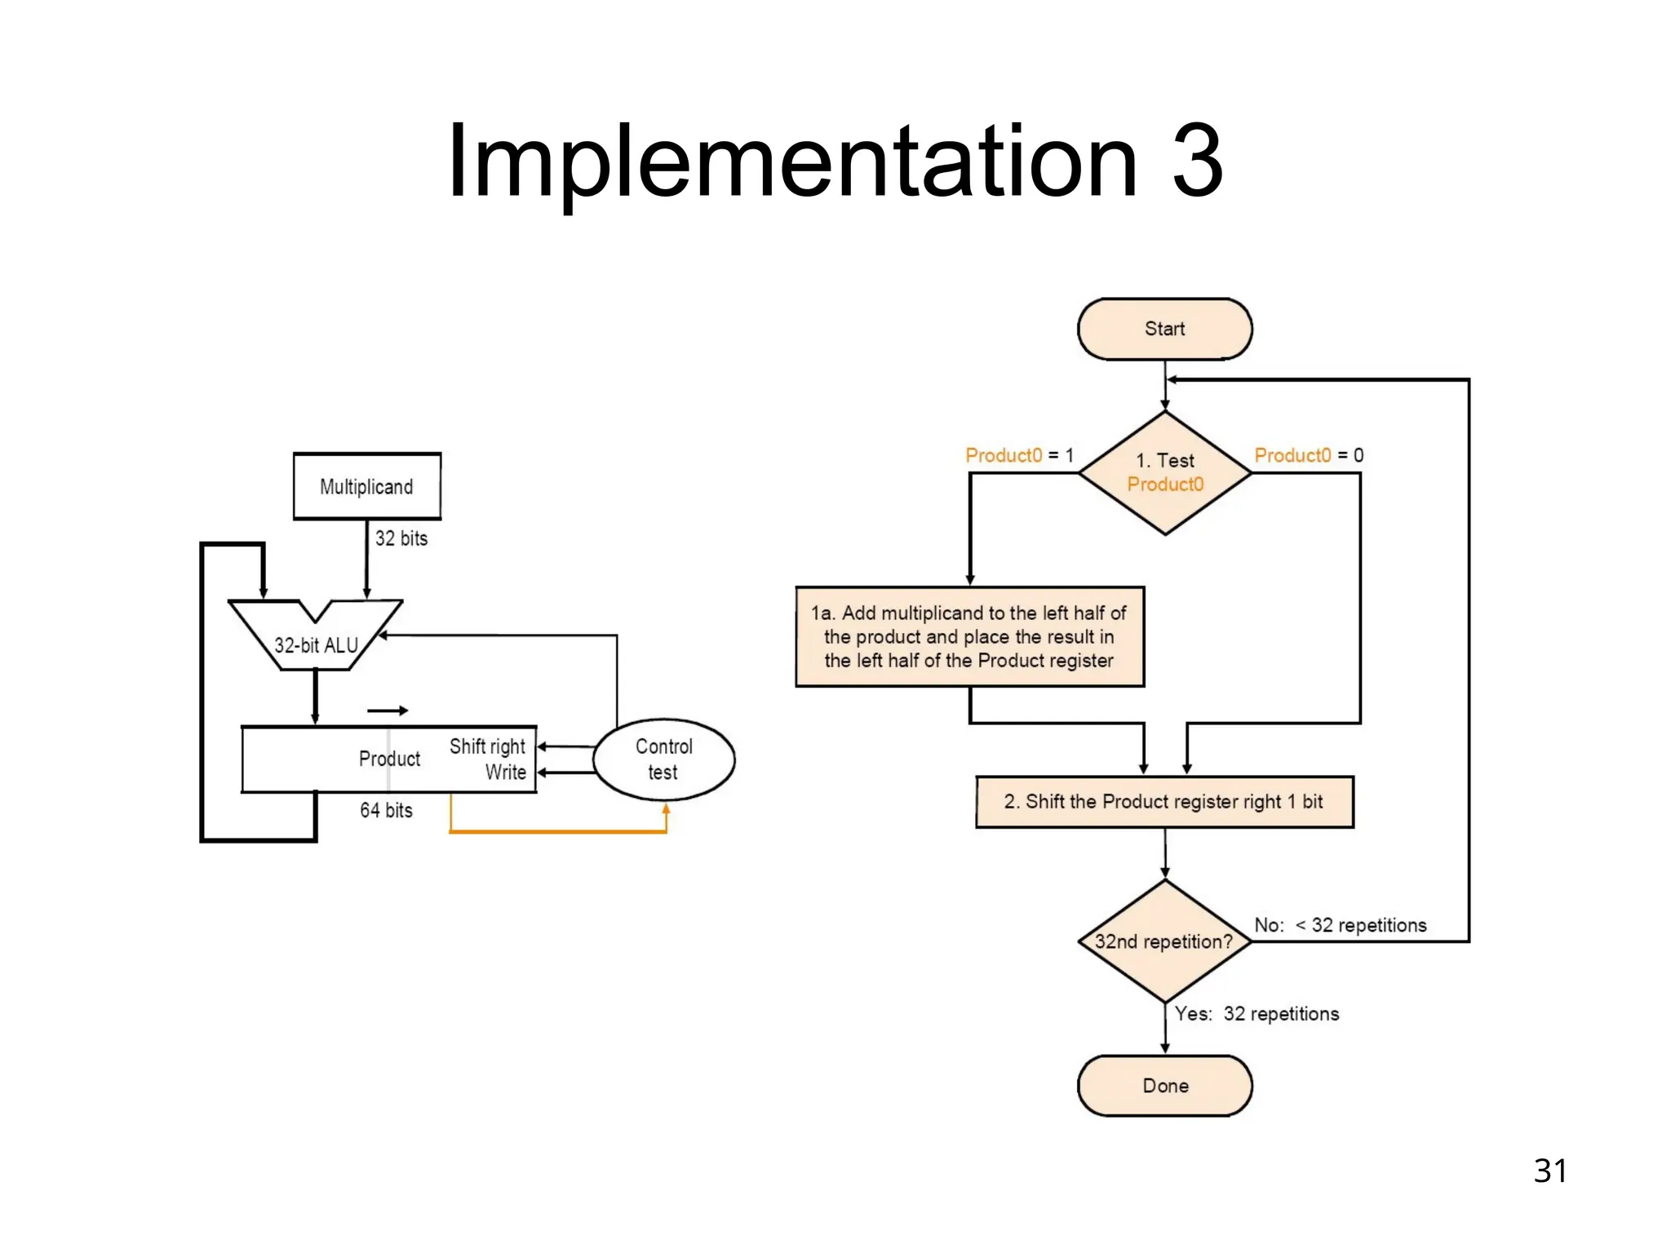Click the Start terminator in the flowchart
[x=1164, y=329]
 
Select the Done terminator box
[x=1164, y=1086]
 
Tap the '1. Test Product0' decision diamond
[x=1164, y=473]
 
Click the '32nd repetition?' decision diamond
[x=1164, y=941]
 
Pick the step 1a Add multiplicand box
[x=969, y=637]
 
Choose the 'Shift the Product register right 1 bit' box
[x=1164, y=802]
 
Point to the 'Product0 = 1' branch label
[x=1019, y=455]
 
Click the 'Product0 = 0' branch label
[x=1309, y=455]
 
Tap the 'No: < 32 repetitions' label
[x=1340, y=925]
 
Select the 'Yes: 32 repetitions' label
[x=1257, y=1014]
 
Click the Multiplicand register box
[x=367, y=487]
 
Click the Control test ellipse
[x=663, y=759]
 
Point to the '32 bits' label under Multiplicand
[x=401, y=538]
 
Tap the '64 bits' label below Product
[x=386, y=810]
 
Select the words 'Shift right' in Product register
[x=487, y=746]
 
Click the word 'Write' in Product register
[x=506, y=773]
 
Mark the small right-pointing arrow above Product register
[x=388, y=711]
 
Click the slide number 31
[x=1550, y=1171]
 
